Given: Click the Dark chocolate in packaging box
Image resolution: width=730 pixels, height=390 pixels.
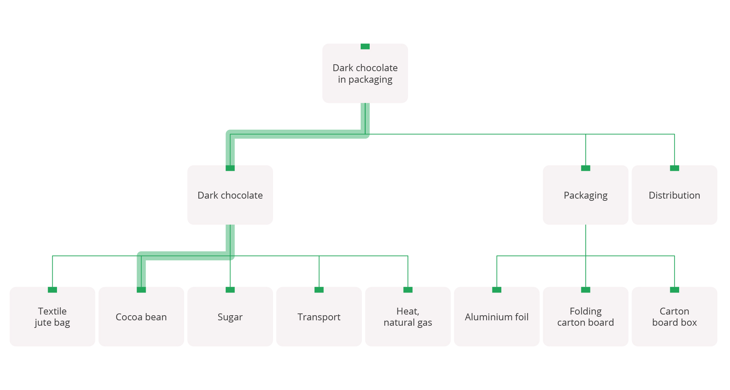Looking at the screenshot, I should pos(365,74).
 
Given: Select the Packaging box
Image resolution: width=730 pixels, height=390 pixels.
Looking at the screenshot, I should pos(585,195).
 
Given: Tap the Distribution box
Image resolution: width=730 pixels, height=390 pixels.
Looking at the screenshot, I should pos(674,195).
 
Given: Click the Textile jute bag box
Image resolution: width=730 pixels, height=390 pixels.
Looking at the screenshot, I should pos(52,317).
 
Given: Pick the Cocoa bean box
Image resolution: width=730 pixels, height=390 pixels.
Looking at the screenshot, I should pos(141,317).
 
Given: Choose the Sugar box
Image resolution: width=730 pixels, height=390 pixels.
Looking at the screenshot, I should pos(230,317).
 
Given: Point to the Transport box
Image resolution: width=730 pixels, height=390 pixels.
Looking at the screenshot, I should pos(319,317).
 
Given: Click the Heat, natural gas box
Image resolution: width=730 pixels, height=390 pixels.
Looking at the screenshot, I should pos(408,317).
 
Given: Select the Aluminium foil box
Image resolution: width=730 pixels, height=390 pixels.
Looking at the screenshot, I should pos(497,317).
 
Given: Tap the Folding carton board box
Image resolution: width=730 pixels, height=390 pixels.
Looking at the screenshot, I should pos(585,317).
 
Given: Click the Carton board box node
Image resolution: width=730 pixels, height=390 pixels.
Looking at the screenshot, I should pos(674,317).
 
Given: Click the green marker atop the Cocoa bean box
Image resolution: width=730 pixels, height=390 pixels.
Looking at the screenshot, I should pos(141,290).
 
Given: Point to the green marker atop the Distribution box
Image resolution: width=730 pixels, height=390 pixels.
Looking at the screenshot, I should pos(674,168).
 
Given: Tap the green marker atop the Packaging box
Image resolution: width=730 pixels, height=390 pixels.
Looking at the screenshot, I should pos(585,168).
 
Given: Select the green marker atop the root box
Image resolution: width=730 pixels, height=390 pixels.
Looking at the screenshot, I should pos(365,46).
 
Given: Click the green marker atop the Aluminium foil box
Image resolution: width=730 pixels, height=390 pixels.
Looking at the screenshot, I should pos(497,290).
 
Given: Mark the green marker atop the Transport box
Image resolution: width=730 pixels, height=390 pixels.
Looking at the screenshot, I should pos(319,290).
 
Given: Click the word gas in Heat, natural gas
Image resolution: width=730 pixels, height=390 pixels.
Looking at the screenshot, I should pos(425,323).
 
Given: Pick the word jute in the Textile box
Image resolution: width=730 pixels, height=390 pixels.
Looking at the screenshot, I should pos(43,323).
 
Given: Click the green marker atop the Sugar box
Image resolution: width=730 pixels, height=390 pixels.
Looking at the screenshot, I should pos(230,290).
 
